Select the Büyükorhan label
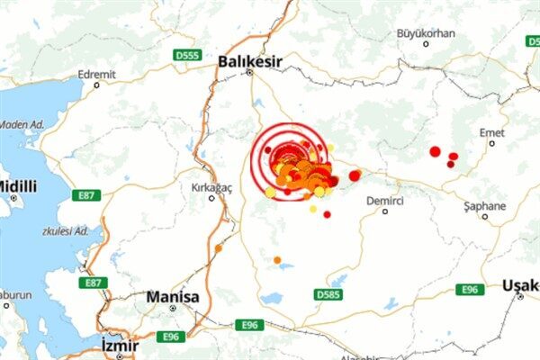click(426, 34)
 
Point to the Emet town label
click(491, 132)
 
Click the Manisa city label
click(172, 295)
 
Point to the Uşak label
click(519, 285)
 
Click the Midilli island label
click(17, 186)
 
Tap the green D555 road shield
click(186, 56)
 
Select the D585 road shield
click(329, 293)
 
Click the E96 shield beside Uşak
click(469, 289)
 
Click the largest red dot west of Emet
click(435, 151)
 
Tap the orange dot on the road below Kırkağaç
click(219, 247)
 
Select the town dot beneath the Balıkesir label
click(250, 73)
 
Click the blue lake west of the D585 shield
click(271, 298)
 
